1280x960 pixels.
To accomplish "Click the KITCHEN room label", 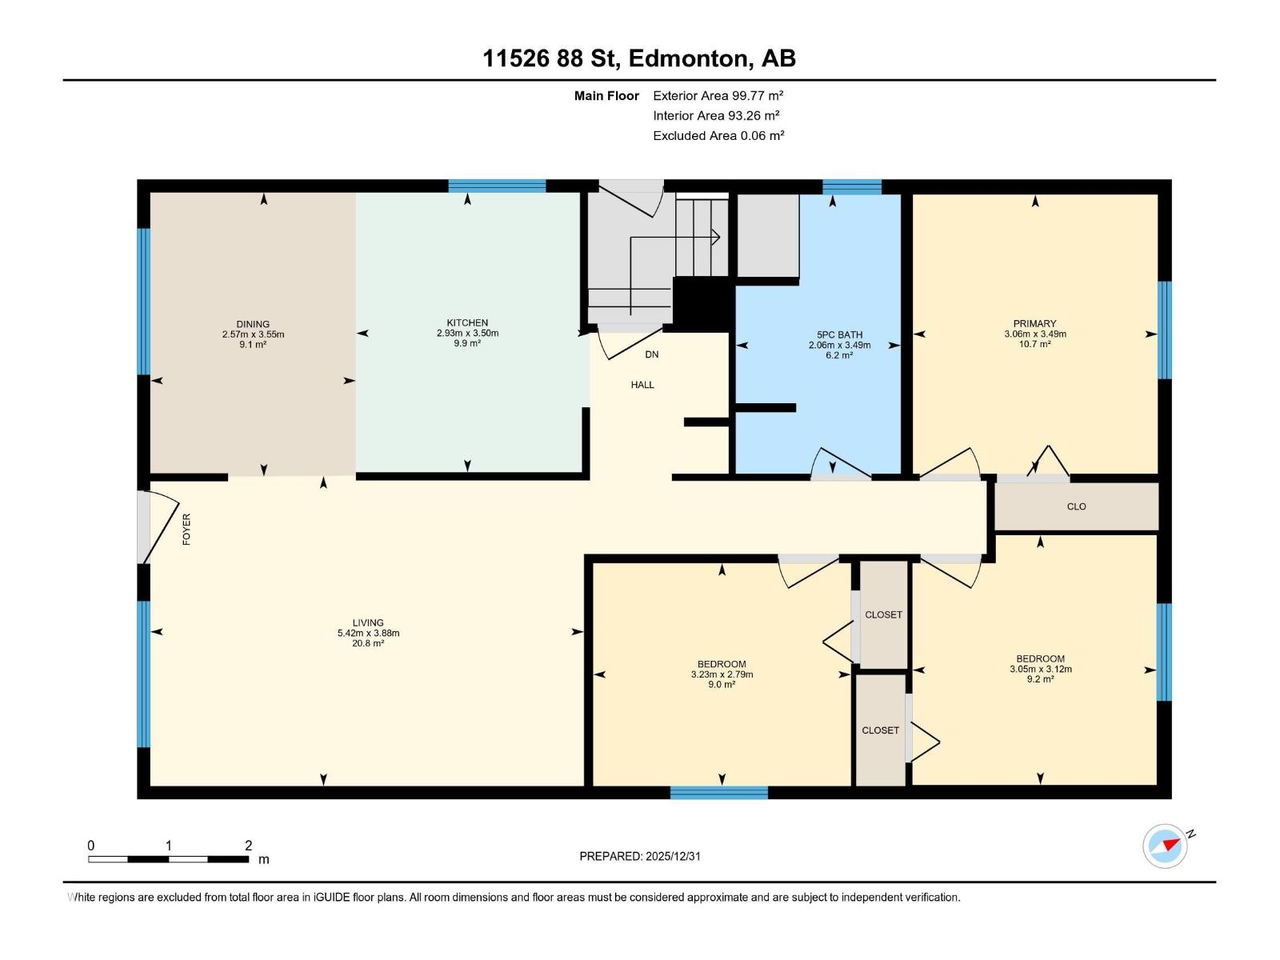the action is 467,322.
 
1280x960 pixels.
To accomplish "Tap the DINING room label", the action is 253,324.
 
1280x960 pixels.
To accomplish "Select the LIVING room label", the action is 368,622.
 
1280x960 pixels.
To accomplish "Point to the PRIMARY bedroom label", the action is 1034,323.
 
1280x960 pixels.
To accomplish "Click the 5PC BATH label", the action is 839,334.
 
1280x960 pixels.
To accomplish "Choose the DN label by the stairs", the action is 651,354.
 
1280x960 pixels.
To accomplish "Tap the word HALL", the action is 642,385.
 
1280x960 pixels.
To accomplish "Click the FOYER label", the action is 186,530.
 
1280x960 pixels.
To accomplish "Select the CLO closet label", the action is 1076,506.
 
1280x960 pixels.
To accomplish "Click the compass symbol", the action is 1165,846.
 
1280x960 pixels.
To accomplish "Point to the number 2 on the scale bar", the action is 249,845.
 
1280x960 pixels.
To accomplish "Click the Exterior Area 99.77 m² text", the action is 718,95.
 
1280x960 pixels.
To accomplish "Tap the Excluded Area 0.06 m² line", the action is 718,136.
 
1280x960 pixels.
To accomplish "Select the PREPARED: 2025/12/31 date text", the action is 640,856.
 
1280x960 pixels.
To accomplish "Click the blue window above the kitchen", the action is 497,186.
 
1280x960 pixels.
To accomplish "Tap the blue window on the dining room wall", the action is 143,302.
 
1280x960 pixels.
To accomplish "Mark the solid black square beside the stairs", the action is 702,304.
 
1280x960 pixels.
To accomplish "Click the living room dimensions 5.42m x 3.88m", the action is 368,633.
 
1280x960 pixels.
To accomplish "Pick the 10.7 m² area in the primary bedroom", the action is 1034,344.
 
